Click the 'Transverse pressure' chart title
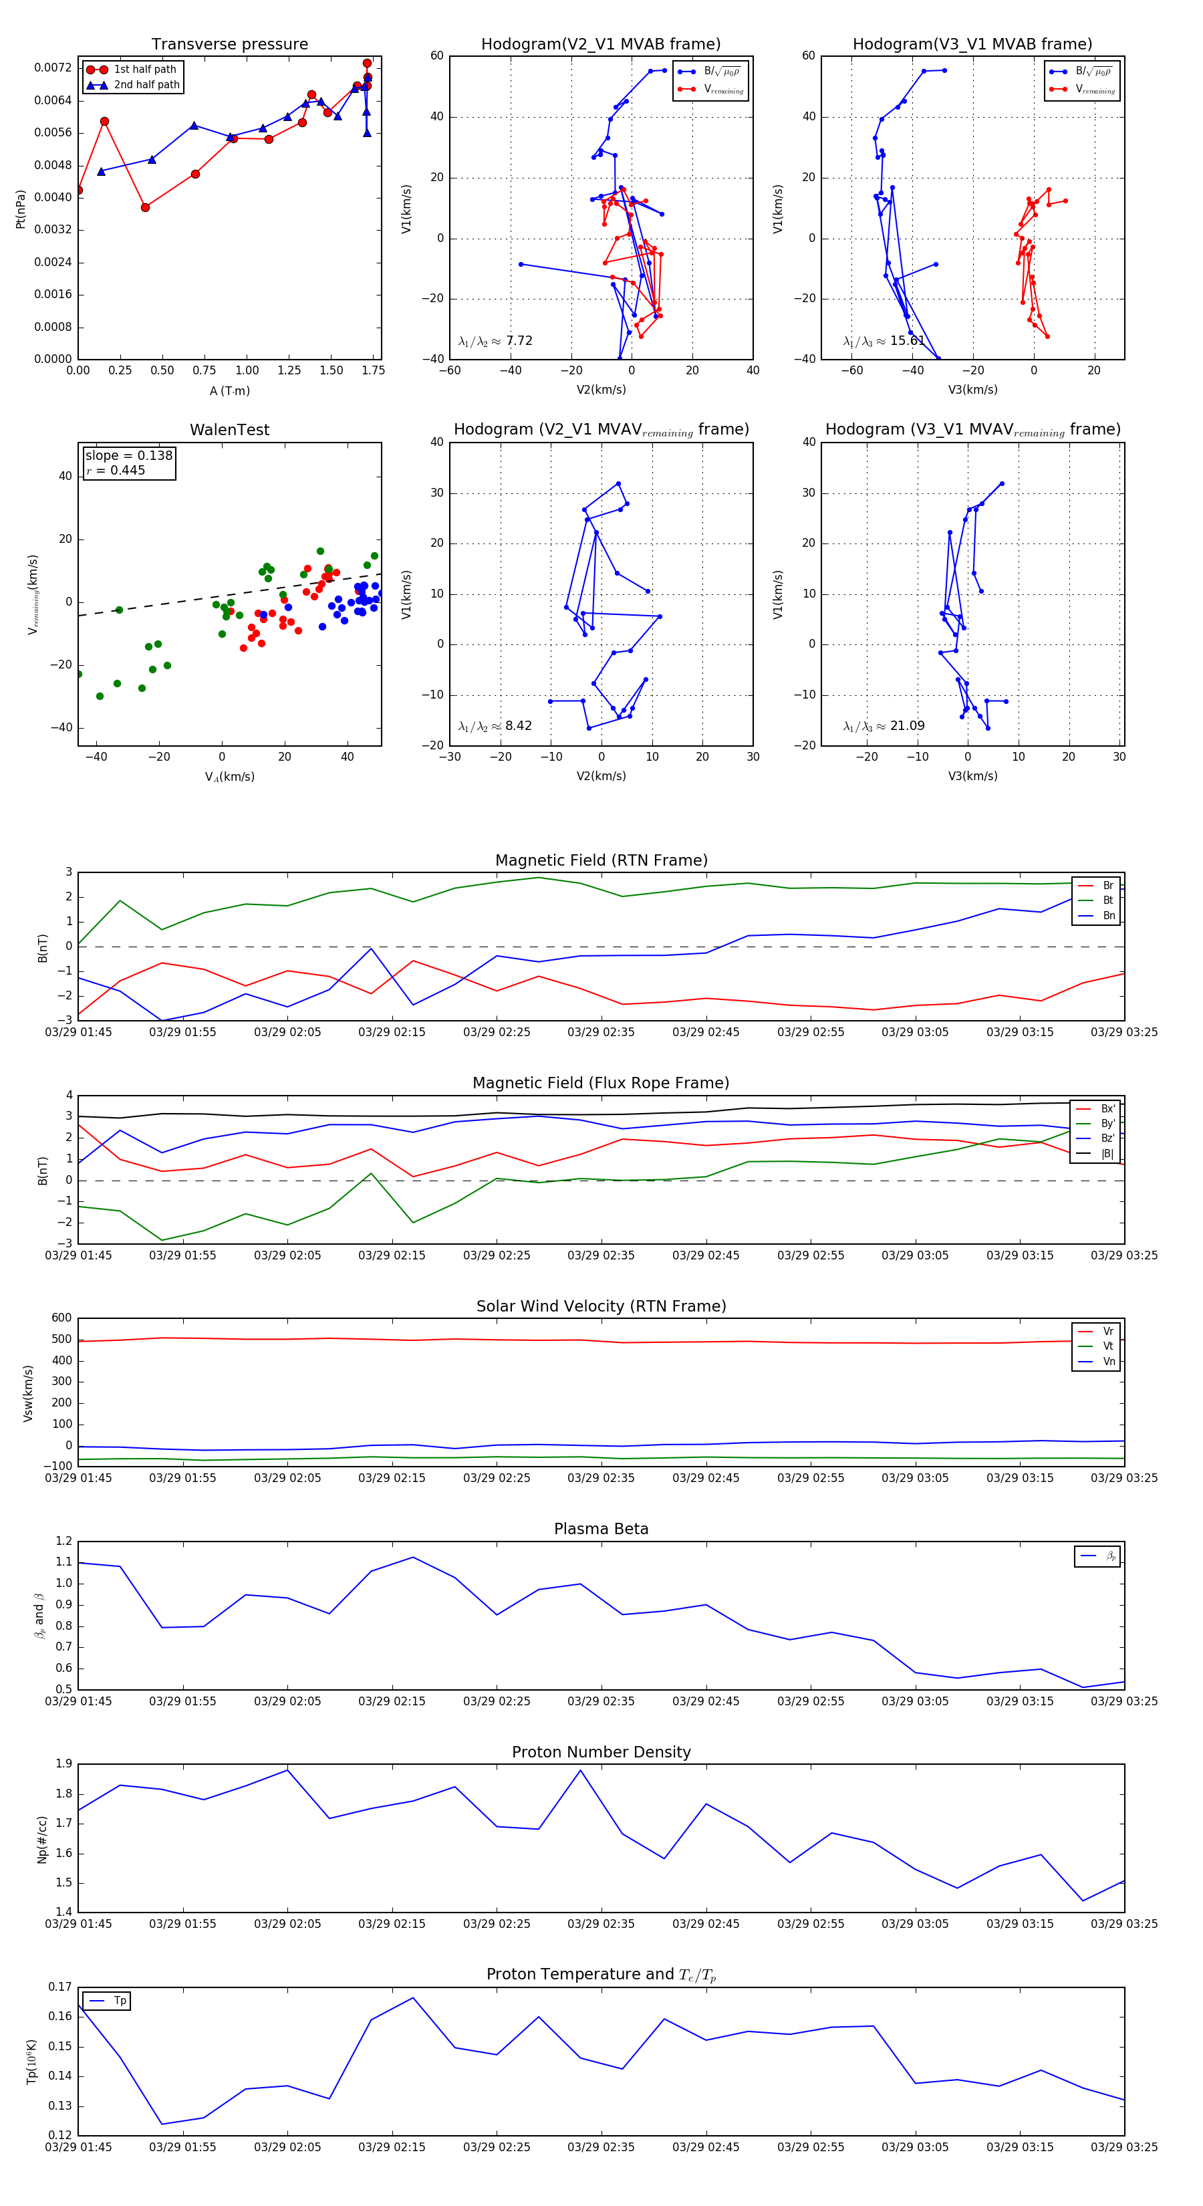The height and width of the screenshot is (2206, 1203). pos(229,45)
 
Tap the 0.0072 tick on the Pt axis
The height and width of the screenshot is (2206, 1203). pos(53,68)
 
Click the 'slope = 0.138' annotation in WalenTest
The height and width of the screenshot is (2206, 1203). pos(128,456)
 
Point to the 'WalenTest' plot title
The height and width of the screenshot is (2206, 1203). pos(229,430)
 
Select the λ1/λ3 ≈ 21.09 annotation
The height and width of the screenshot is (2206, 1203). pos(884,726)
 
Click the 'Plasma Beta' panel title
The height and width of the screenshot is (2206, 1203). pos(601,1529)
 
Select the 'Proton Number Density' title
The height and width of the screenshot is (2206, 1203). pos(601,1752)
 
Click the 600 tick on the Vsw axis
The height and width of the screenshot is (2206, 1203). pos(61,1318)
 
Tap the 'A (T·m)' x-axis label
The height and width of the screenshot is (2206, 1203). pos(229,391)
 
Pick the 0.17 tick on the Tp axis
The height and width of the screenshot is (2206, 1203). pos(60,1987)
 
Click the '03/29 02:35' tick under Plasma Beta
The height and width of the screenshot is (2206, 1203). pos(601,1701)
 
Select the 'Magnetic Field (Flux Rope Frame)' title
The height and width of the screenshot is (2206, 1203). pos(601,1084)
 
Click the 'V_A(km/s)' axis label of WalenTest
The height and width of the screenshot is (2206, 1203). pos(229,777)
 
